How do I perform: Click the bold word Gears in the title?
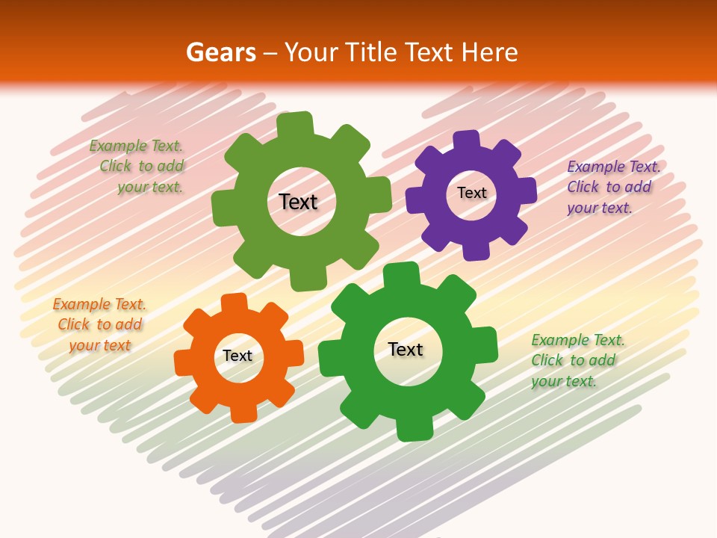(x=220, y=52)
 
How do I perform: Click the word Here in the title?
(x=489, y=52)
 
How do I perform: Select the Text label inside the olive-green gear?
(x=298, y=202)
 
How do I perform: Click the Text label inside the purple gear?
(x=471, y=193)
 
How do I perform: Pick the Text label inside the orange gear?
(x=238, y=356)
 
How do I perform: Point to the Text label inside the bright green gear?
(x=406, y=349)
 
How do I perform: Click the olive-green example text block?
(x=137, y=167)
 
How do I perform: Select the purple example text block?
(x=612, y=187)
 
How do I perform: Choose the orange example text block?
(x=99, y=325)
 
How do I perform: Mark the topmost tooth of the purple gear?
(x=467, y=140)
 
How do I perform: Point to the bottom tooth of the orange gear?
(x=243, y=413)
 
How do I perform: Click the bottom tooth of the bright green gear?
(x=415, y=430)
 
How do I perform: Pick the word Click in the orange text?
(x=73, y=325)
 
